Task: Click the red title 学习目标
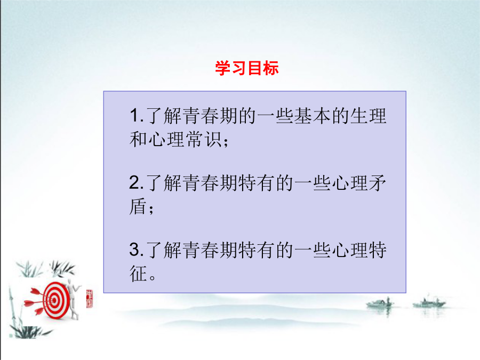point(247,68)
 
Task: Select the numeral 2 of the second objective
point(135,182)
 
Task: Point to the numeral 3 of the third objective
point(135,250)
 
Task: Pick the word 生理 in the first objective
point(369,116)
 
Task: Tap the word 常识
point(204,139)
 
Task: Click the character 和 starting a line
point(139,139)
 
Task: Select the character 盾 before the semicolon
point(138,206)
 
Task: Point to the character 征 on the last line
point(138,274)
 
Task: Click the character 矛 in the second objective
point(378,183)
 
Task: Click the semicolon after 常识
point(226,142)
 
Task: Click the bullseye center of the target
point(54,300)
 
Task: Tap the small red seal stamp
point(90,299)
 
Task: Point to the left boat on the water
point(380,303)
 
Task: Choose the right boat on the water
point(429,303)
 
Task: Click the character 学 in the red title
point(222,68)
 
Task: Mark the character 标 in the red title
point(271,68)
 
